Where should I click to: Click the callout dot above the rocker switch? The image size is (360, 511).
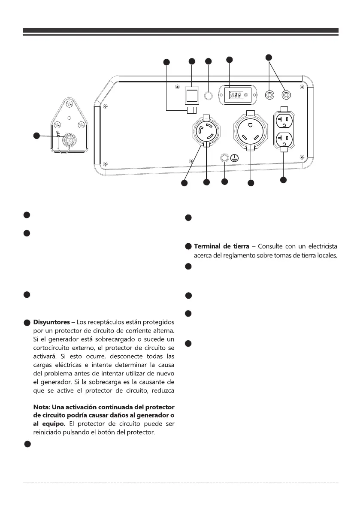pos(192,61)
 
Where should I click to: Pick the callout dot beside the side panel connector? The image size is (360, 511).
pos(37,136)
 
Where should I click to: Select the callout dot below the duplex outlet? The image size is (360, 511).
pos(283,180)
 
